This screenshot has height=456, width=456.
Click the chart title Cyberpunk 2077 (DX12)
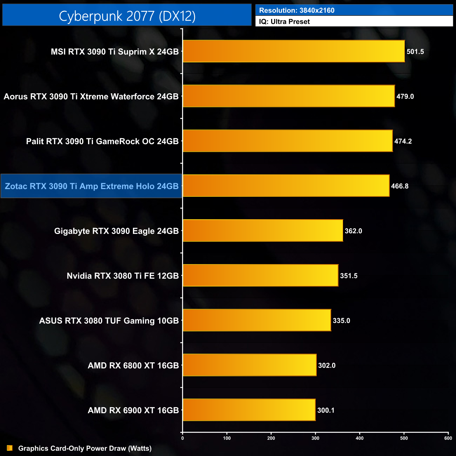pos(127,16)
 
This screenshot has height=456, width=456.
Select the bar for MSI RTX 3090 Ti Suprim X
pos(294,51)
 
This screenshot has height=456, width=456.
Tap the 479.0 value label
pos(405,96)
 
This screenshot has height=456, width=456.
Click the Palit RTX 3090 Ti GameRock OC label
pos(102,141)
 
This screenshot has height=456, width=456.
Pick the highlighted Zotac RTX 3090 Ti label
pos(92,186)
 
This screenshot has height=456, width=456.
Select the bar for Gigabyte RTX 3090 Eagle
pos(263,230)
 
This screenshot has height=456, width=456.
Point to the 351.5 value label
pos(349,276)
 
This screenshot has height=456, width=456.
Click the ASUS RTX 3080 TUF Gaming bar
pos(257,320)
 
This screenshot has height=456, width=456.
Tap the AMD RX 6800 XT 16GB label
pos(133,366)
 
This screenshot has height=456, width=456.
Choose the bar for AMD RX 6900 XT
pos(249,410)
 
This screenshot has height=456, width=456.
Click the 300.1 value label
pos(326,410)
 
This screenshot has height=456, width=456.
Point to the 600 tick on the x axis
pos(448,438)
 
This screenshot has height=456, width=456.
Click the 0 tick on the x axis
pos(182,438)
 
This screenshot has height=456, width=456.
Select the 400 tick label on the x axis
pos(360,438)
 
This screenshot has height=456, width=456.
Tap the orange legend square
pos(10,448)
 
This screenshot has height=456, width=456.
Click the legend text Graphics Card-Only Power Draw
pos(85,448)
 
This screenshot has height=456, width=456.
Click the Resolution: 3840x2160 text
pos(297,11)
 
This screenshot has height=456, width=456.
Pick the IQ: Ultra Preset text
pos(284,22)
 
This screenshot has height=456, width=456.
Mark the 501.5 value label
pos(415,52)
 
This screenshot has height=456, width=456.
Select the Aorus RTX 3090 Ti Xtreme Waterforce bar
pos(289,96)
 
